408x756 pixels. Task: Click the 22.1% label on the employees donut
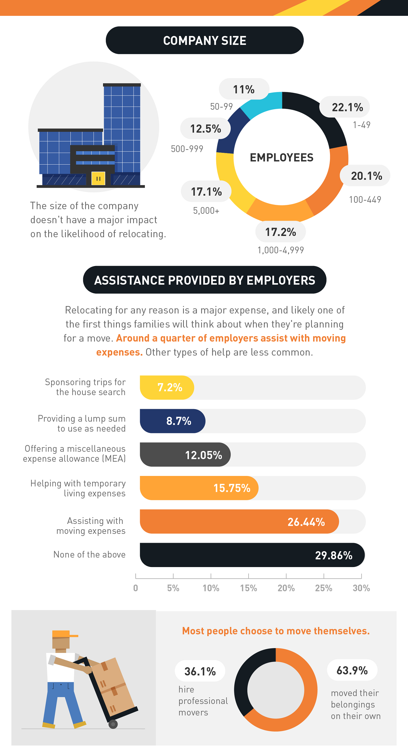click(x=347, y=107)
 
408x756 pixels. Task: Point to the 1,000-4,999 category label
click(x=281, y=250)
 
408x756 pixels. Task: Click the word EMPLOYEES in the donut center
click(x=282, y=158)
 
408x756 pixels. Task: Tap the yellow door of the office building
click(x=98, y=178)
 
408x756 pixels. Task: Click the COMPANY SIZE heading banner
click(x=204, y=40)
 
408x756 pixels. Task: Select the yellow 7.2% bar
click(x=167, y=388)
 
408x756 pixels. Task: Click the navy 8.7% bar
click(x=172, y=421)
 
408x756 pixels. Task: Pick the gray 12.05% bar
click(x=185, y=454)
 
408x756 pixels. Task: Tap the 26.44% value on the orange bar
click(x=306, y=522)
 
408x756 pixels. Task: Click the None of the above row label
click(x=89, y=554)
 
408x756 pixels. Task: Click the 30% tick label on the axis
click(x=361, y=588)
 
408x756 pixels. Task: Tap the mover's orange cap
click(x=63, y=634)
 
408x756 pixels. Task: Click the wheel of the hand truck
click(x=113, y=724)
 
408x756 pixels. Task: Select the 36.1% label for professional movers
click(x=200, y=671)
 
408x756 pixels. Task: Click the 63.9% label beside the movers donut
click(x=352, y=670)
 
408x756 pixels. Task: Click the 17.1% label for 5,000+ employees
click(x=206, y=192)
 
